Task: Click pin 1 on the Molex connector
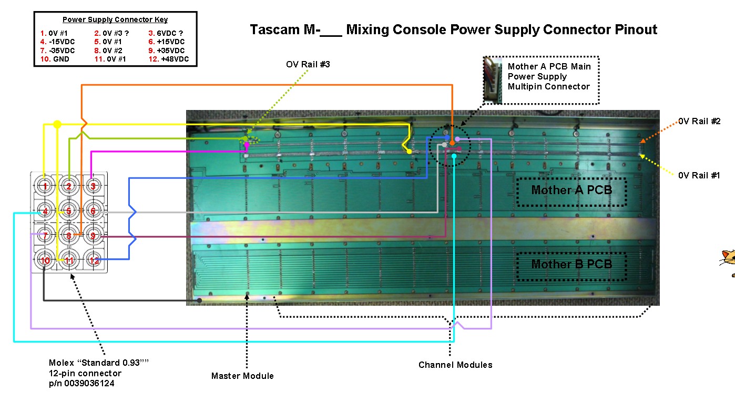(45, 186)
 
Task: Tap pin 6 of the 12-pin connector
(93, 210)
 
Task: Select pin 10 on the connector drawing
(45, 260)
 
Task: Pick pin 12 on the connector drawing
(94, 260)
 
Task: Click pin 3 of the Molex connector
(93, 186)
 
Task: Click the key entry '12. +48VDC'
(169, 59)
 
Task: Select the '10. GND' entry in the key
(55, 59)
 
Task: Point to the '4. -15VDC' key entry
(57, 42)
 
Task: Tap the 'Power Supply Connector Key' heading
(115, 19)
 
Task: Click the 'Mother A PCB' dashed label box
(571, 192)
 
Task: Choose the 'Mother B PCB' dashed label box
(571, 266)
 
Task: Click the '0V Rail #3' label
(308, 64)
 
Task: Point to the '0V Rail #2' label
(699, 121)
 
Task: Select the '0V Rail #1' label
(699, 175)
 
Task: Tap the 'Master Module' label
(242, 376)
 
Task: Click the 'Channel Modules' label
(455, 365)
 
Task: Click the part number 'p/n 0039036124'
(81, 383)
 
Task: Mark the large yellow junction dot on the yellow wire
(57, 124)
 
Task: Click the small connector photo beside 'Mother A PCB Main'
(493, 81)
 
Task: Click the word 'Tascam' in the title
(275, 29)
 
